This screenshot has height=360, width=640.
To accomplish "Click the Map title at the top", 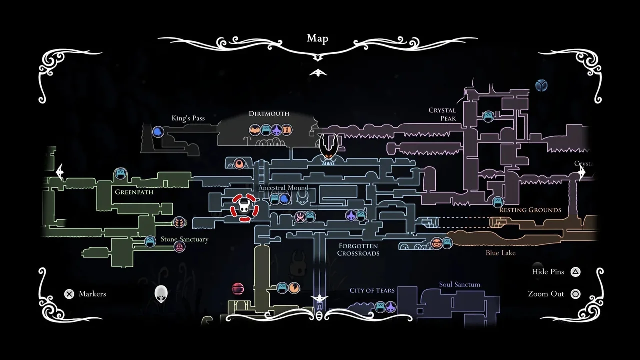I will pos(317,39).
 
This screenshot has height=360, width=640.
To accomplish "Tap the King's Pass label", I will pos(188,118).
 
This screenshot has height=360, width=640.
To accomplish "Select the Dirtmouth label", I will pos(269,114).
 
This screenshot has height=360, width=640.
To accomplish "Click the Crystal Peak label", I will pos(442,114).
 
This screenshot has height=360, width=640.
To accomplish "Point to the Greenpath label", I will pos(134,192).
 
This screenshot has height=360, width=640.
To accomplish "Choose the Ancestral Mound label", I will pos(283,188).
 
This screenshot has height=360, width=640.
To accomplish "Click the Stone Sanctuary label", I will pos(184,239).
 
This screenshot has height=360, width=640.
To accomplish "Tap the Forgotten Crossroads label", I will pos(358,249).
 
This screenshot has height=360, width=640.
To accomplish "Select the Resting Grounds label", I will pos(530,210).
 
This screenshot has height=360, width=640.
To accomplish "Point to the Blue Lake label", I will pos(500,253).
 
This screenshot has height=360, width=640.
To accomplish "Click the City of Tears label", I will pos(372,290).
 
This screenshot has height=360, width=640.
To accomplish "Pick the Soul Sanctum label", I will pos(459,285).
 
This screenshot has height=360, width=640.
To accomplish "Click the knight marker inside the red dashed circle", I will pos(244,207).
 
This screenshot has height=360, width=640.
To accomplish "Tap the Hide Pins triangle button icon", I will pos(576,272).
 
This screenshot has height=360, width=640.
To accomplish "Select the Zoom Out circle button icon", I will pos(576,294).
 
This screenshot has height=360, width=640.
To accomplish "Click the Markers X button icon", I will pos(69,294).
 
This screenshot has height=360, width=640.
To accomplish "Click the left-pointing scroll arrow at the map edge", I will pos(60,172).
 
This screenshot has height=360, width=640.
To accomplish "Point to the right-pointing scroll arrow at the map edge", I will pos(582,172).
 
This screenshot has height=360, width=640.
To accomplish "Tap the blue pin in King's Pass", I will pos(158,132).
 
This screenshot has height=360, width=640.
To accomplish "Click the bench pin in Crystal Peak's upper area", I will pos(488,116).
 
